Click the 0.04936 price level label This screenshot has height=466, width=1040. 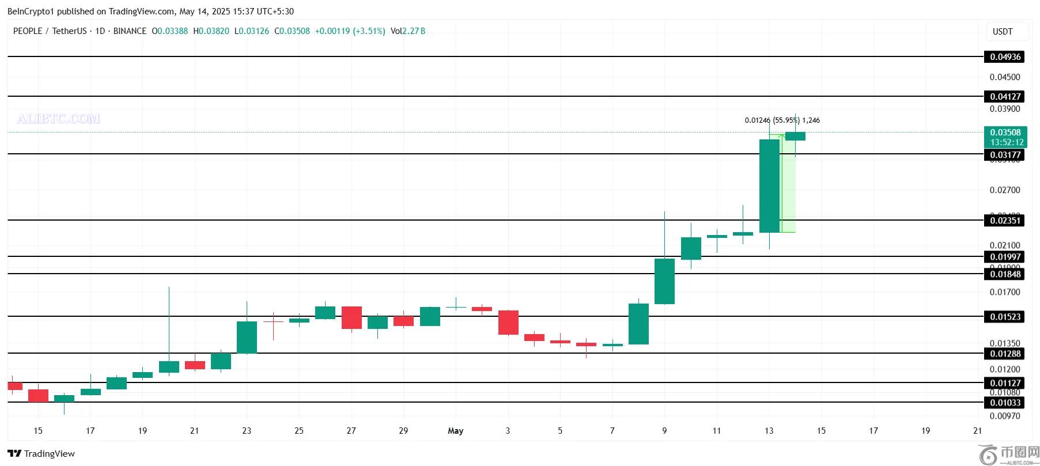(x=1005, y=56)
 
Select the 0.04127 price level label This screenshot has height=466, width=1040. (x=1005, y=96)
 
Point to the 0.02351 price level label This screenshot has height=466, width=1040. (x=1005, y=220)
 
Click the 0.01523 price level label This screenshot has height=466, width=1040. (x=1005, y=316)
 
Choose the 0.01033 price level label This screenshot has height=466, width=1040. (x=1005, y=403)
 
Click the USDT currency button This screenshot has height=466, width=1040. (x=1003, y=32)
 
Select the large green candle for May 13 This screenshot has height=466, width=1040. (x=769, y=185)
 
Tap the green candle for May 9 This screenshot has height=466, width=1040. (x=664, y=281)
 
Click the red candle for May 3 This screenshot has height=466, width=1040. (x=508, y=323)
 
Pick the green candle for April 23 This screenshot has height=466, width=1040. (x=247, y=337)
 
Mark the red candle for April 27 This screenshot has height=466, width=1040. (x=351, y=317)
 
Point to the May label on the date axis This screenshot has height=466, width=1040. (x=455, y=431)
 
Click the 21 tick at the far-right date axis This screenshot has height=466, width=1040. (x=977, y=431)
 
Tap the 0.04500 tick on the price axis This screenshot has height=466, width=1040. (x=1004, y=77)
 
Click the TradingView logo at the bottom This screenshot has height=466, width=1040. (x=41, y=453)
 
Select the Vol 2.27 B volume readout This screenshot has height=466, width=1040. (x=408, y=31)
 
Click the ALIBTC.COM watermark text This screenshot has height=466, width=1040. (x=58, y=119)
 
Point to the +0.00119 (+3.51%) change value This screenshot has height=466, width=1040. (x=350, y=31)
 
